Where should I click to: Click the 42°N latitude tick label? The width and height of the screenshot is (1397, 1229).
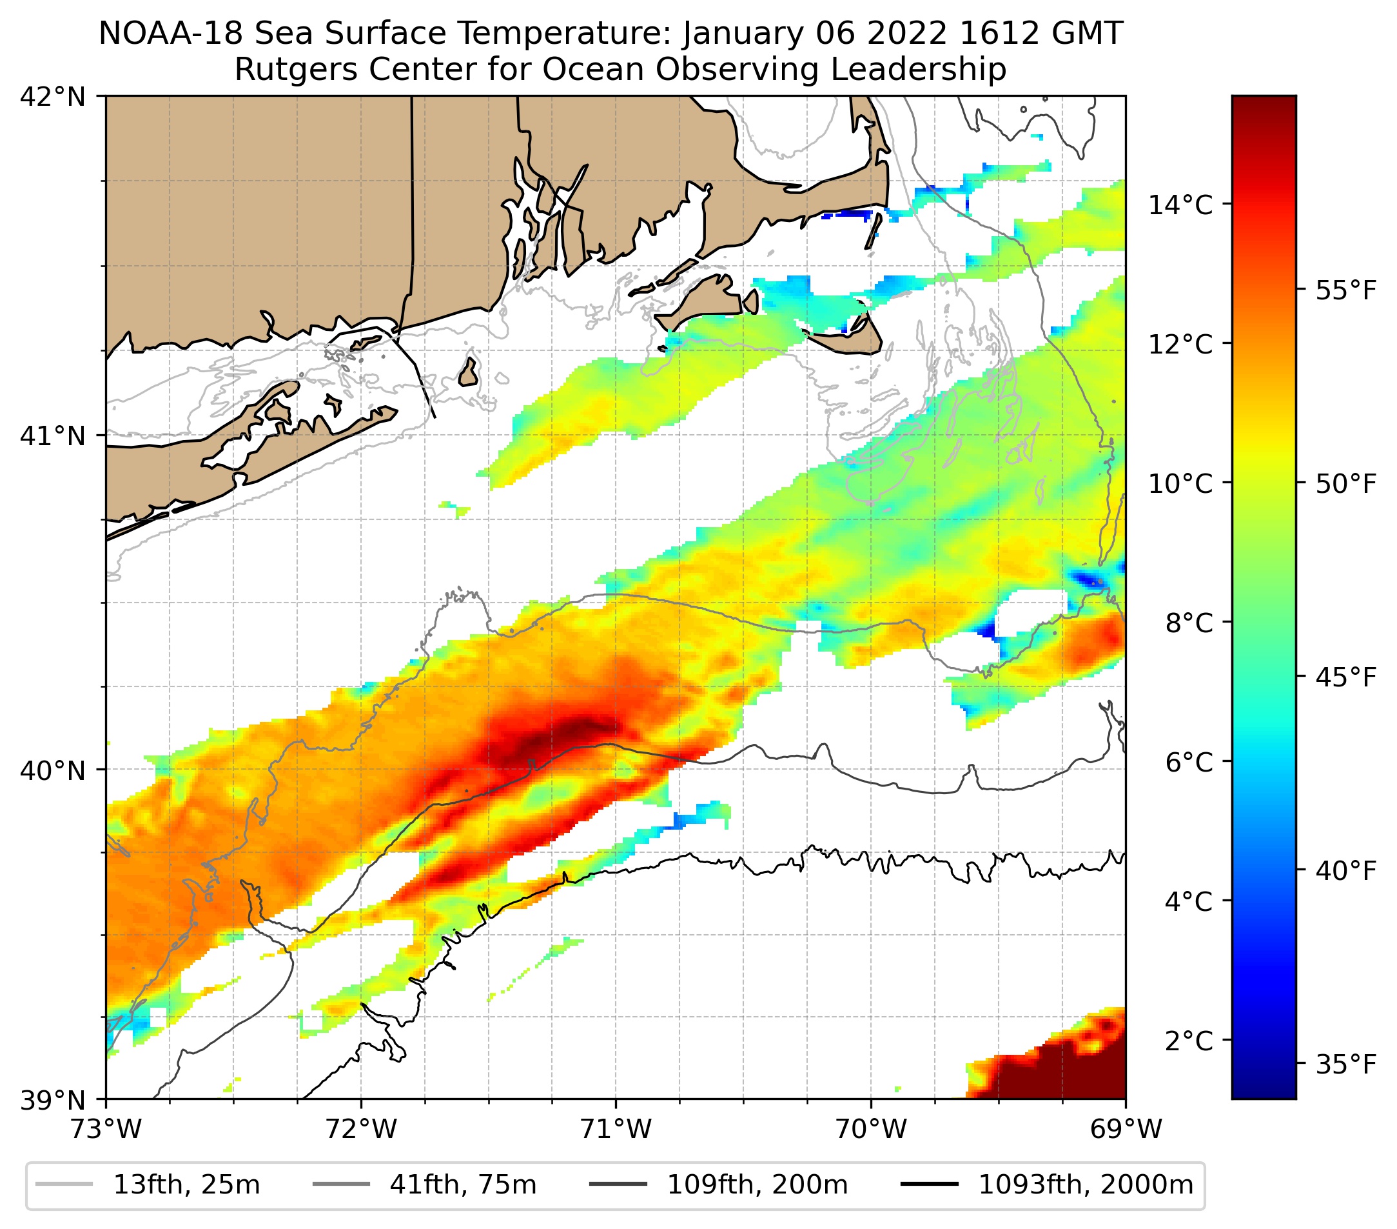[53, 97]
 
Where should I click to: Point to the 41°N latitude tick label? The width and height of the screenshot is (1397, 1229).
[53, 435]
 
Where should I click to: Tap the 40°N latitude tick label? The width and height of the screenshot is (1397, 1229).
[53, 770]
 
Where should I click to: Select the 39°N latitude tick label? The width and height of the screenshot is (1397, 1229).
[53, 1101]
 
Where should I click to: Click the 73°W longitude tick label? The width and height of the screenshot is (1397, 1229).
[106, 1130]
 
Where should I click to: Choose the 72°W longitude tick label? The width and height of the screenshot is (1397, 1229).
[361, 1130]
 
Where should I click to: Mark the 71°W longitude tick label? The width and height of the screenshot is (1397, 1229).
[616, 1130]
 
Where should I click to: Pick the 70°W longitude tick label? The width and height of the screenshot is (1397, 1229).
[871, 1130]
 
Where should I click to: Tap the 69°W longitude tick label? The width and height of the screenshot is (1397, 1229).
[1125, 1130]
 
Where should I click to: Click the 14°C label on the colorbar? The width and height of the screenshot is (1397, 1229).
[1180, 205]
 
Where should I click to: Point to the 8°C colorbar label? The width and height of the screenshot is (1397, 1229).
[1189, 623]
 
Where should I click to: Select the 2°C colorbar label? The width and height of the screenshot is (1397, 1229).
[1189, 1041]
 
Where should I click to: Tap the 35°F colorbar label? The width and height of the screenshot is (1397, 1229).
[1345, 1065]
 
